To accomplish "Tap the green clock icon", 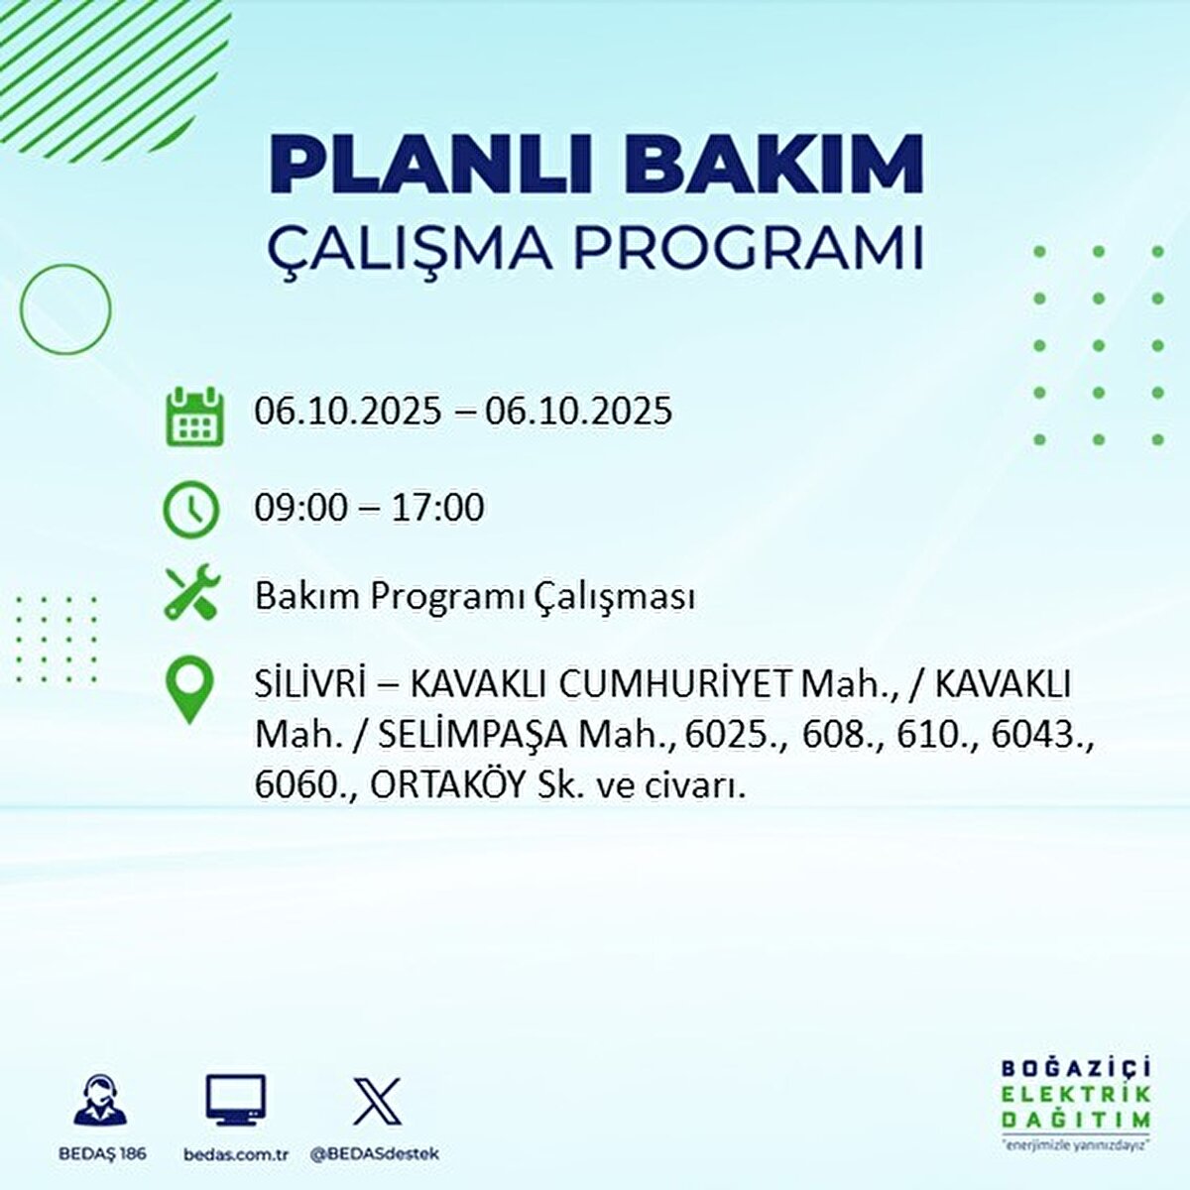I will (x=191, y=510).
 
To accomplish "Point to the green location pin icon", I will (x=190, y=690).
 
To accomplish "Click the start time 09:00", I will (x=301, y=508).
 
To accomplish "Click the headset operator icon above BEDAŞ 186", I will (x=101, y=1100).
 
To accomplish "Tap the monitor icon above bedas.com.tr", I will (x=236, y=1100).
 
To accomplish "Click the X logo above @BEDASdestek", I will (x=377, y=1101).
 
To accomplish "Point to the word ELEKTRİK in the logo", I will (x=1076, y=1094).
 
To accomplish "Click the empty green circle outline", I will (x=65, y=309).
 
